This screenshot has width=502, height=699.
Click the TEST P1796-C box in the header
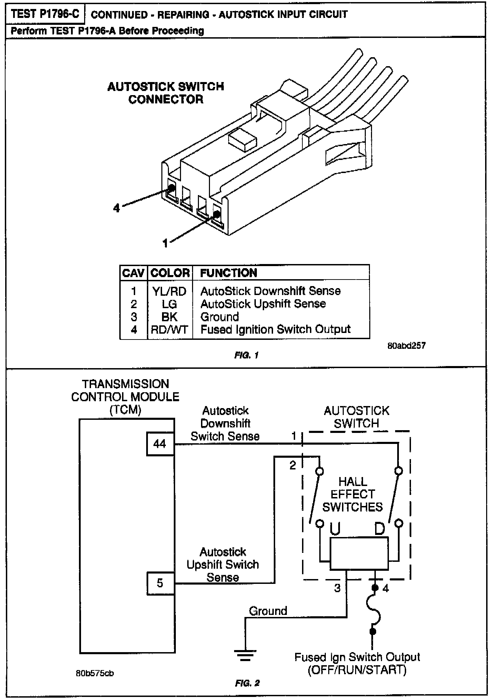click(x=45, y=14)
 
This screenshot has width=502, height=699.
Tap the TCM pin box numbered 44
click(x=160, y=444)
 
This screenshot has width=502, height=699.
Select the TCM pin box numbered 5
click(x=160, y=583)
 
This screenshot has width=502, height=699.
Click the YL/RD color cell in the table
click(x=169, y=291)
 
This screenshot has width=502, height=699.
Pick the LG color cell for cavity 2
click(x=169, y=304)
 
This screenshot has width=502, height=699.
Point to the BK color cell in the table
click(x=169, y=317)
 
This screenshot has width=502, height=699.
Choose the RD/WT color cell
click(x=169, y=330)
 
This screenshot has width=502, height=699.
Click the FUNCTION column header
click(x=229, y=273)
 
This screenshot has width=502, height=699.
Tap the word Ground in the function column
click(x=220, y=317)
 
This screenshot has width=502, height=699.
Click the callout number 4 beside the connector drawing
click(x=117, y=208)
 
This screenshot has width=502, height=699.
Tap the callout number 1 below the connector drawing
click(x=165, y=244)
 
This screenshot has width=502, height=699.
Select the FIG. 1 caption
click(x=246, y=355)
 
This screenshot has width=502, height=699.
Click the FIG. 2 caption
click(x=247, y=683)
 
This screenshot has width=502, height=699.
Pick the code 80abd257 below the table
click(x=406, y=346)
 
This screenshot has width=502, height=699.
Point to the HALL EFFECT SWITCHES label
click(x=353, y=494)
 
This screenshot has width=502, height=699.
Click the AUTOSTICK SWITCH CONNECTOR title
click(x=166, y=93)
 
